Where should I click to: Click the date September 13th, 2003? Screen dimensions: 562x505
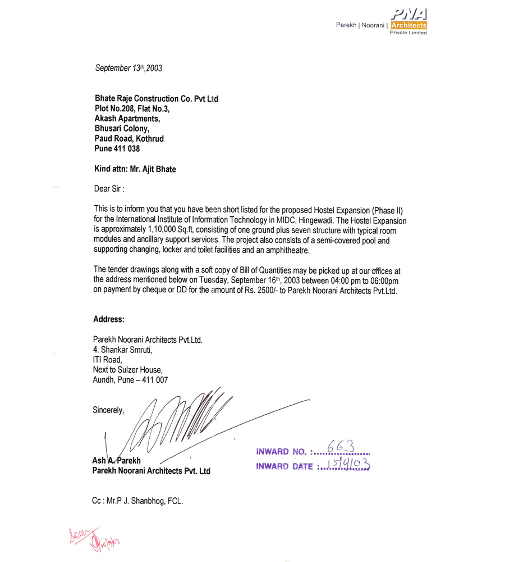[128, 68]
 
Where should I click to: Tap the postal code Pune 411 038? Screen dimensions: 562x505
[117, 149]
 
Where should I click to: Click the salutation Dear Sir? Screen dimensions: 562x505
[109, 189]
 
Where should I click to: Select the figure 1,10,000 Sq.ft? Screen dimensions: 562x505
[175, 230]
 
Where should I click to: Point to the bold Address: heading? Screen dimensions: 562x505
[109, 319]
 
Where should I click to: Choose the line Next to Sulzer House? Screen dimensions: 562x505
[128, 370]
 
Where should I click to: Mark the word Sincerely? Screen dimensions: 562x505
[108, 410]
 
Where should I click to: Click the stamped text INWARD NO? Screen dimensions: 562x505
[281, 451]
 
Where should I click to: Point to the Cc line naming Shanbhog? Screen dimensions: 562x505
[137, 500]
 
